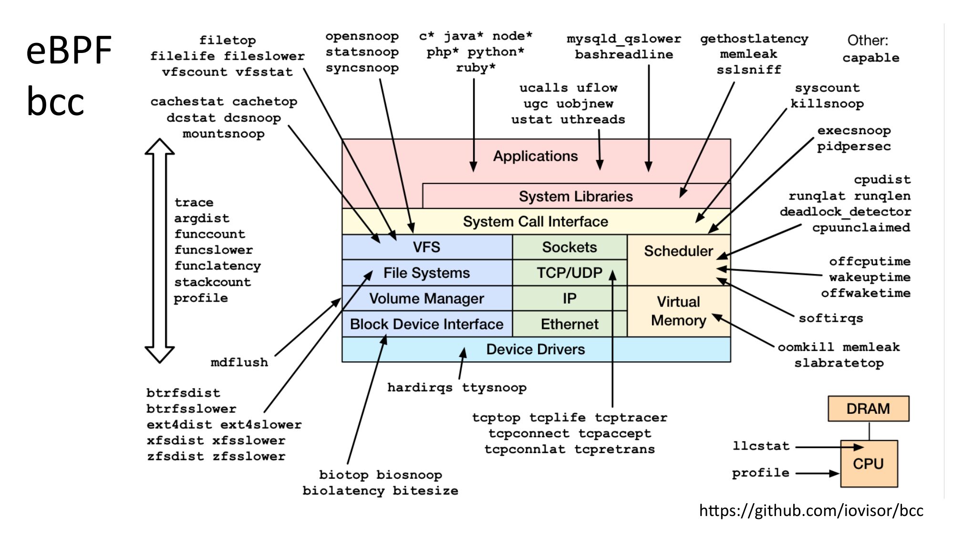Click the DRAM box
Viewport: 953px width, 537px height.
tap(868, 409)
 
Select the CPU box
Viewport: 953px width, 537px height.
tap(869, 463)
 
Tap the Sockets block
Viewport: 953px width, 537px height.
tap(570, 247)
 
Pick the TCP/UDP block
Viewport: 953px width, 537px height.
tap(570, 273)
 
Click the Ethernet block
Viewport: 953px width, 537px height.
tap(570, 324)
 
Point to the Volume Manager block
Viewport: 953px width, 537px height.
tap(426, 298)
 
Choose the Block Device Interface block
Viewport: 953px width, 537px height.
tap(426, 324)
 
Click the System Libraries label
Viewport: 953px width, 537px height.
tap(576, 196)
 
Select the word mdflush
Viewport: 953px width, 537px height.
tap(239, 362)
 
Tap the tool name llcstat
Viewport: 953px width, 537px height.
tap(761, 446)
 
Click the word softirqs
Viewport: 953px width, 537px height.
tap(831, 318)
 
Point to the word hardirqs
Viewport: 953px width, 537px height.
tap(420, 387)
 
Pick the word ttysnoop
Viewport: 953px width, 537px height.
tap(494, 387)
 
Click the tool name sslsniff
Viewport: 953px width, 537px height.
tap(749, 70)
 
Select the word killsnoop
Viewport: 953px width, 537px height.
tap(827, 104)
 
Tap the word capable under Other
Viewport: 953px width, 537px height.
tap(870, 58)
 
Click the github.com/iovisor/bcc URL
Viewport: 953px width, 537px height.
tap(811, 510)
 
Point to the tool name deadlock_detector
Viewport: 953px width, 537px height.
tap(845, 211)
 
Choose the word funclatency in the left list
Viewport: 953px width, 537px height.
tap(218, 265)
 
